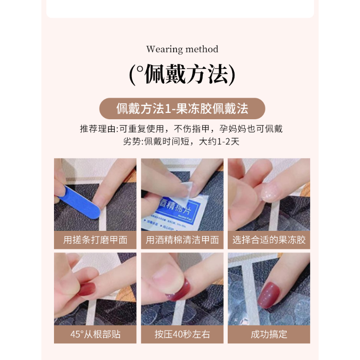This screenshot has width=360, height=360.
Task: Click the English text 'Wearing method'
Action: coord(182,49)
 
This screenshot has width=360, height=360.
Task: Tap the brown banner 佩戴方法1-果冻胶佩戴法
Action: coord(182,109)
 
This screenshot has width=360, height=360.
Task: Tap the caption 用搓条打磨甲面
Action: coord(95,240)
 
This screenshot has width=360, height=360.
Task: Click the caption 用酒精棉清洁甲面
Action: coord(182,240)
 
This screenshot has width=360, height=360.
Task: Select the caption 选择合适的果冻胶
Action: coord(269,240)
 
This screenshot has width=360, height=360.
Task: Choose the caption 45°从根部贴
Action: coord(95,334)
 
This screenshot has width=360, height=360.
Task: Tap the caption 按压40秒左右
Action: coord(182,334)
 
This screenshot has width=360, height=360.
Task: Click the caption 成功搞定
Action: coord(269,334)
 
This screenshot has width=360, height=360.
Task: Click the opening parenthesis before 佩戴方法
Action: coord(133,75)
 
